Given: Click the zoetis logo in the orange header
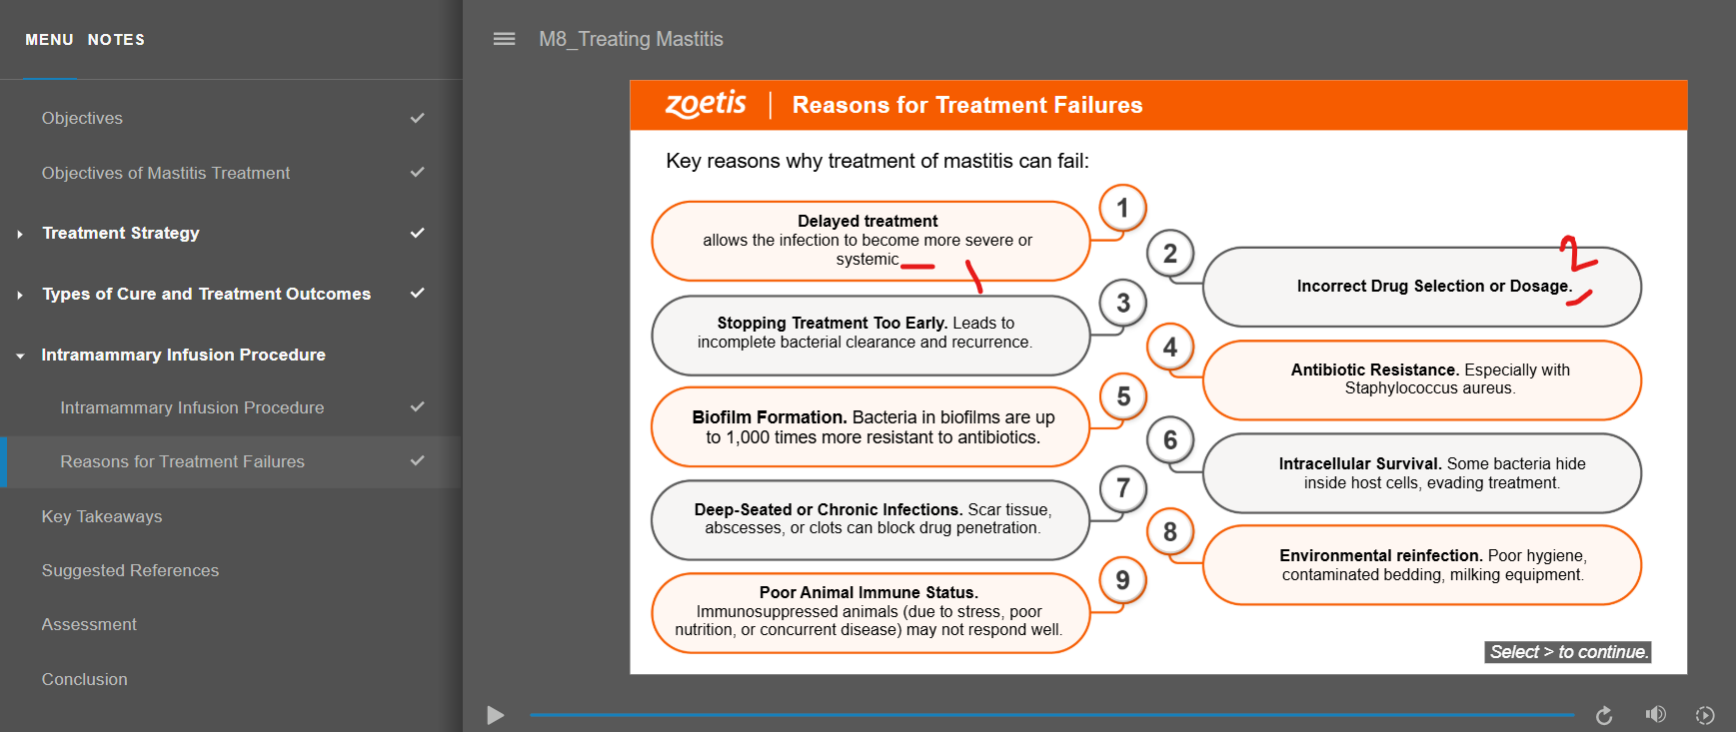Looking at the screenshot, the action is (x=706, y=104).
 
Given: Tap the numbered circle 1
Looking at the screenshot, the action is (x=1122, y=208).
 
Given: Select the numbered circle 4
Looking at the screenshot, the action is (x=1170, y=348).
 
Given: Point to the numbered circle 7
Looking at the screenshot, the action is (x=1122, y=487).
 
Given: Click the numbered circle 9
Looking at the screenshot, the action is (x=1122, y=580).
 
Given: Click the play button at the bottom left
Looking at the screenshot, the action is (x=495, y=715).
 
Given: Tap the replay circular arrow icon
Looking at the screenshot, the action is (x=1604, y=715).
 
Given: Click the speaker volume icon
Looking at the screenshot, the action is (x=1656, y=714).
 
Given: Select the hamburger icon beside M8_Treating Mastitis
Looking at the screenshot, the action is (x=505, y=39).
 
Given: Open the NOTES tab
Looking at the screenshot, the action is (x=116, y=40).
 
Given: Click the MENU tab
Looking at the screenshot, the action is (x=49, y=40).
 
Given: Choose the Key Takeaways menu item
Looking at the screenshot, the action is (x=102, y=516).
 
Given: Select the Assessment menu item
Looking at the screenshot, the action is (x=89, y=624).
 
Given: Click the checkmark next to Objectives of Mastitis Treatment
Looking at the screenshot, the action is (x=418, y=172).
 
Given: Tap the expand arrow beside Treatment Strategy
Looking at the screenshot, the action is (x=20, y=234).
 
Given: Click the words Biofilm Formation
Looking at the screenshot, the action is (x=770, y=417).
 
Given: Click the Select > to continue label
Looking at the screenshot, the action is (x=1568, y=652).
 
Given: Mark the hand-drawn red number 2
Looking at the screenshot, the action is (x=1578, y=254).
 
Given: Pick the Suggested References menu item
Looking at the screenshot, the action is (x=130, y=570).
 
